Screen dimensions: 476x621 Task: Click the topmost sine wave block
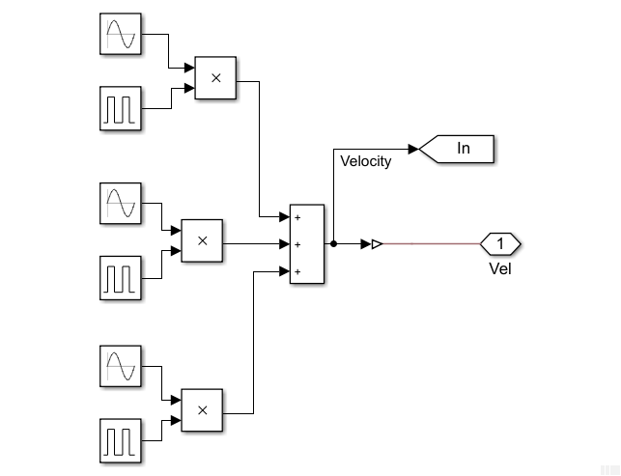[121, 34]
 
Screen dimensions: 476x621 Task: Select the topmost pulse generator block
[121, 107]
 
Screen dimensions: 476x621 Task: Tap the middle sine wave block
[121, 203]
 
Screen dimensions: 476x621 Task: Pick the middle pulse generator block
[121, 276]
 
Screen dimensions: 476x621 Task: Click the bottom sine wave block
[121, 366]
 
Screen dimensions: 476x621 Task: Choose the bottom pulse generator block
[121, 439]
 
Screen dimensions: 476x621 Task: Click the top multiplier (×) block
[215, 78]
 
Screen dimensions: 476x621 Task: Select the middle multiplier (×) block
[202, 240]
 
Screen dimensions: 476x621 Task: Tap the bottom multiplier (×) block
[202, 409]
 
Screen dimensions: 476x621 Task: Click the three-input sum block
[307, 244]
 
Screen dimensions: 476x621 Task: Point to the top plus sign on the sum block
[297, 217]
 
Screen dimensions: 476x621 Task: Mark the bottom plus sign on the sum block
[297, 272]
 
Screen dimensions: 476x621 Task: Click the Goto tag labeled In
[458, 149]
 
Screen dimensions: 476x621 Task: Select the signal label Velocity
[366, 161]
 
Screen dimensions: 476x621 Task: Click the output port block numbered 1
[500, 243]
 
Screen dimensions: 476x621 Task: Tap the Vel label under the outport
[500, 268]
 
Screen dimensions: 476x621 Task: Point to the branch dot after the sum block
[333, 244]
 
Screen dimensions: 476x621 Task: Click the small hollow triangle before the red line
[378, 244]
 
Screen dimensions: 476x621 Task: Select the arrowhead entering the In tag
[413, 149]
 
